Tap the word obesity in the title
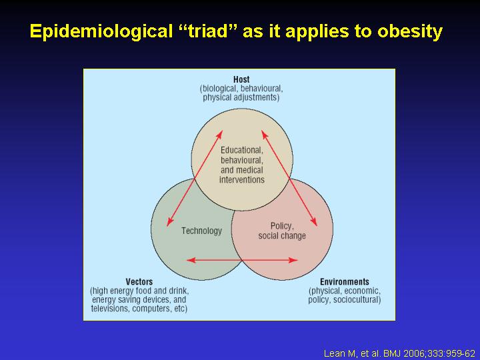click(410, 32)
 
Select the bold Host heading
click(241, 79)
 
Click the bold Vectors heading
click(139, 281)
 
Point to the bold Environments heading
click(345, 281)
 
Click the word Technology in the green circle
click(201, 231)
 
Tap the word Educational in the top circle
click(242, 150)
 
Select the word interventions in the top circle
click(242, 179)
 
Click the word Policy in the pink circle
click(282, 226)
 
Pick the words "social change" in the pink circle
click(282, 236)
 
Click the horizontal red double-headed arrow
click(242, 260)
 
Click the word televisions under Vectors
click(110, 308)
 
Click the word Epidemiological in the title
click(101, 32)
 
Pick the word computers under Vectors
click(152, 309)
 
